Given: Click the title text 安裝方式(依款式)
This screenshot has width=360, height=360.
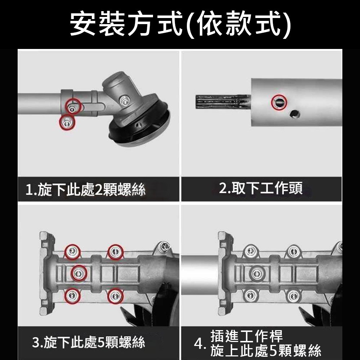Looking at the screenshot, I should click(180, 24).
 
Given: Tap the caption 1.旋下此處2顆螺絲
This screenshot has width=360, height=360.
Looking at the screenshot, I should click(86, 190).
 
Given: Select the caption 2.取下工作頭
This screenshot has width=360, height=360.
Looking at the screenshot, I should click(261, 188).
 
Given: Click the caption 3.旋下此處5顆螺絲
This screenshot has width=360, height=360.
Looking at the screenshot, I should click(89, 342).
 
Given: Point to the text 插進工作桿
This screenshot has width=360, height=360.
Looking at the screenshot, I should click(247, 336).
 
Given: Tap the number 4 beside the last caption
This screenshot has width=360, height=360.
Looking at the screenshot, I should click(199, 344).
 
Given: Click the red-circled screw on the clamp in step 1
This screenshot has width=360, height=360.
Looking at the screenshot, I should click(73, 107).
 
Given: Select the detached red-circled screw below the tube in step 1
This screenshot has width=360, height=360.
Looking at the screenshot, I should click(67, 122).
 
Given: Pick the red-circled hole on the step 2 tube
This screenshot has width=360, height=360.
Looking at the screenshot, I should click(279, 102).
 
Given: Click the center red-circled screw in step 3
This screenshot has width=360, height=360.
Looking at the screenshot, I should click(78, 274).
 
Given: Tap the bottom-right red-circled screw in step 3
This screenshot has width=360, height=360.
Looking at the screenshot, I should click(116, 296).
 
